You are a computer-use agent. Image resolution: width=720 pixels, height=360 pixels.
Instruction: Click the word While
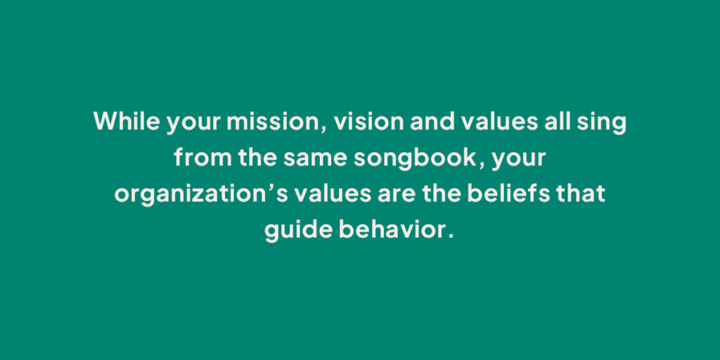[x=127, y=121]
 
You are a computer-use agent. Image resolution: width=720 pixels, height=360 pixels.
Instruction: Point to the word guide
[x=298, y=231]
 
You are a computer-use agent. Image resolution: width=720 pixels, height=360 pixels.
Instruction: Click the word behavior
[x=392, y=230]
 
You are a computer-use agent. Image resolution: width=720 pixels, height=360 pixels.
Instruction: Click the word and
[x=432, y=121]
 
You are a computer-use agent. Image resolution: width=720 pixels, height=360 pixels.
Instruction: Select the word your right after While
[x=193, y=123]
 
